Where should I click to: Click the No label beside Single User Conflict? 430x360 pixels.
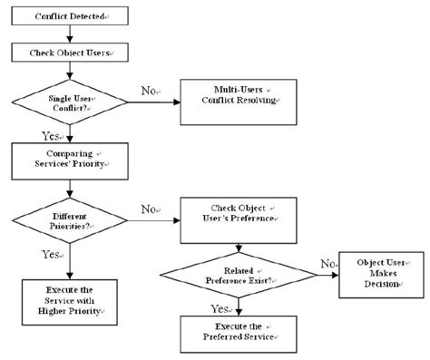[148, 91]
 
